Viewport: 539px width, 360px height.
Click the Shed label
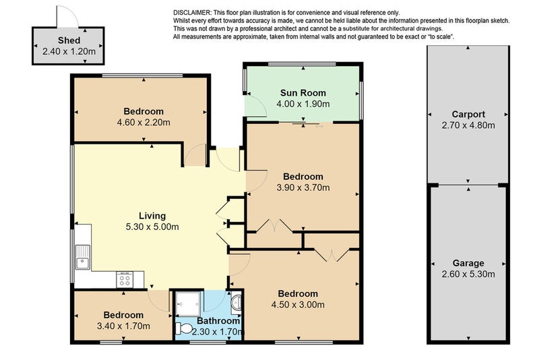tap(69, 40)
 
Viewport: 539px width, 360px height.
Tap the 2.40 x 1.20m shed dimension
tap(69, 52)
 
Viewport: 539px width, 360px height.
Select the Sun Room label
tap(303, 93)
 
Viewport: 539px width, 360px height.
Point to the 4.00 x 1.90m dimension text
tap(303, 104)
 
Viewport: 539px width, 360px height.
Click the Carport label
tap(468, 114)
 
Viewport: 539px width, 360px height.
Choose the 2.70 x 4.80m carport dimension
tap(468, 125)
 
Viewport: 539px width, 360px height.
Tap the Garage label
tap(468, 263)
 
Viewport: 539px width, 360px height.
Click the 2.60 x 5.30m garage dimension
tap(468, 274)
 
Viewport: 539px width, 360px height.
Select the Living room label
tap(152, 216)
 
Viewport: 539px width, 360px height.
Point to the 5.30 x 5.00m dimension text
tap(152, 227)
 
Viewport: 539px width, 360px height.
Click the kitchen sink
tap(82, 258)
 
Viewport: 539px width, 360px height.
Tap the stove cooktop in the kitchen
tap(125, 279)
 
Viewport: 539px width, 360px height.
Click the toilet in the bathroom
tap(184, 329)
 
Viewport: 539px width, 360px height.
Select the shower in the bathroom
tap(188, 304)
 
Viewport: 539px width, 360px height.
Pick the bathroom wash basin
tap(236, 303)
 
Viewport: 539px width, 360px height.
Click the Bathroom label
tap(218, 321)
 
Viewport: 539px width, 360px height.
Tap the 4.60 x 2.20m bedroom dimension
tap(144, 123)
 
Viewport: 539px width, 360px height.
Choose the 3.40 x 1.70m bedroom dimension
tap(123, 326)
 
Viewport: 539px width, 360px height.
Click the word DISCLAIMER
tap(191, 13)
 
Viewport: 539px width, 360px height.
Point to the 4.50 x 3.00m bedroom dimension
tap(298, 305)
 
